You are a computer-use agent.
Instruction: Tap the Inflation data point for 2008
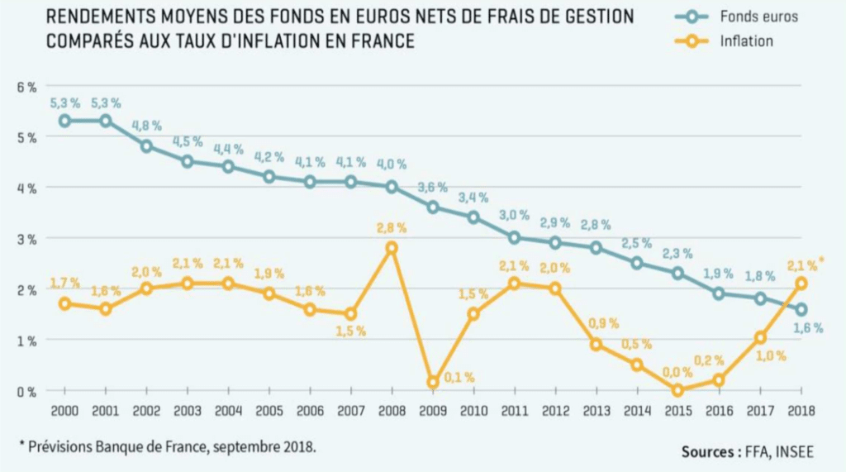pos(392,248)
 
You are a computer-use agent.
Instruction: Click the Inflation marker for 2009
pos(433,382)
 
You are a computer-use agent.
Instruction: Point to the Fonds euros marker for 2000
pos(64,121)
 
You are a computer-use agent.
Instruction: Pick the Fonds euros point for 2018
pos(800,309)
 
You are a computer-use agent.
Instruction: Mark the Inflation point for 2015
pos(677,390)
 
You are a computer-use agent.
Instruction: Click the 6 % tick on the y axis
pos(26,87)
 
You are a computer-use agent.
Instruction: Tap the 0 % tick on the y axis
pos(26,391)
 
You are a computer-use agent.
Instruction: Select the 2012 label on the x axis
pos(554,411)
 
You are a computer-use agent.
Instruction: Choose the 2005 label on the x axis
pos(269,411)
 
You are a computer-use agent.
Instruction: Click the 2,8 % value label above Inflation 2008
pos(392,228)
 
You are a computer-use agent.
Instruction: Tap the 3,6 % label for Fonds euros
pos(433,188)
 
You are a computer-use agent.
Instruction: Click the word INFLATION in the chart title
pos(279,41)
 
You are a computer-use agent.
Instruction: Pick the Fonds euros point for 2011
pos(514,238)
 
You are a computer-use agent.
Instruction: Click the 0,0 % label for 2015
pos(676,372)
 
